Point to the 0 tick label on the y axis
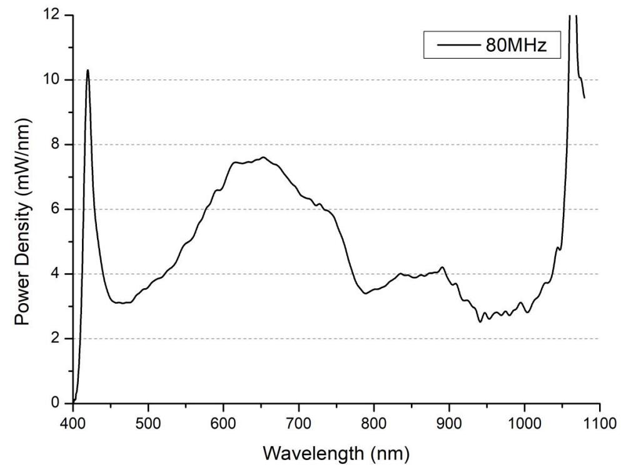56,403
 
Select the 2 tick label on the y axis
56,339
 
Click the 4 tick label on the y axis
56,274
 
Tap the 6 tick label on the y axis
56,209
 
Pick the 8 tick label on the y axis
56,144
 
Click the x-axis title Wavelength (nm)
336,452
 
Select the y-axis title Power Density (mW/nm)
23,209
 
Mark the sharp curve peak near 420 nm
88,70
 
